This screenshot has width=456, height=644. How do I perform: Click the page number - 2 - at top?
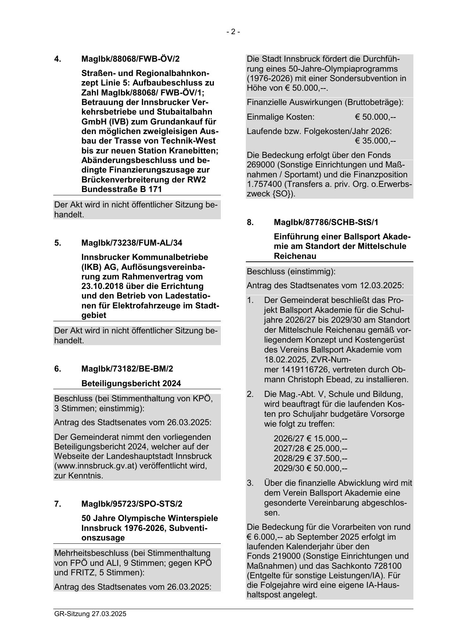click(233, 32)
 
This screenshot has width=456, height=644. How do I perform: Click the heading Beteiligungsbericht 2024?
click(131, 384)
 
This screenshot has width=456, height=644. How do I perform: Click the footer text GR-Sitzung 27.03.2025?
click(90, 614)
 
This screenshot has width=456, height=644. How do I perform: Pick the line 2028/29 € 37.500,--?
click(310, 459)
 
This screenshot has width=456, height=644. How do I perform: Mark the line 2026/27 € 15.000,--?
click(310, 439)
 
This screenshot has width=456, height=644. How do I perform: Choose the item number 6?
click(58, 369)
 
